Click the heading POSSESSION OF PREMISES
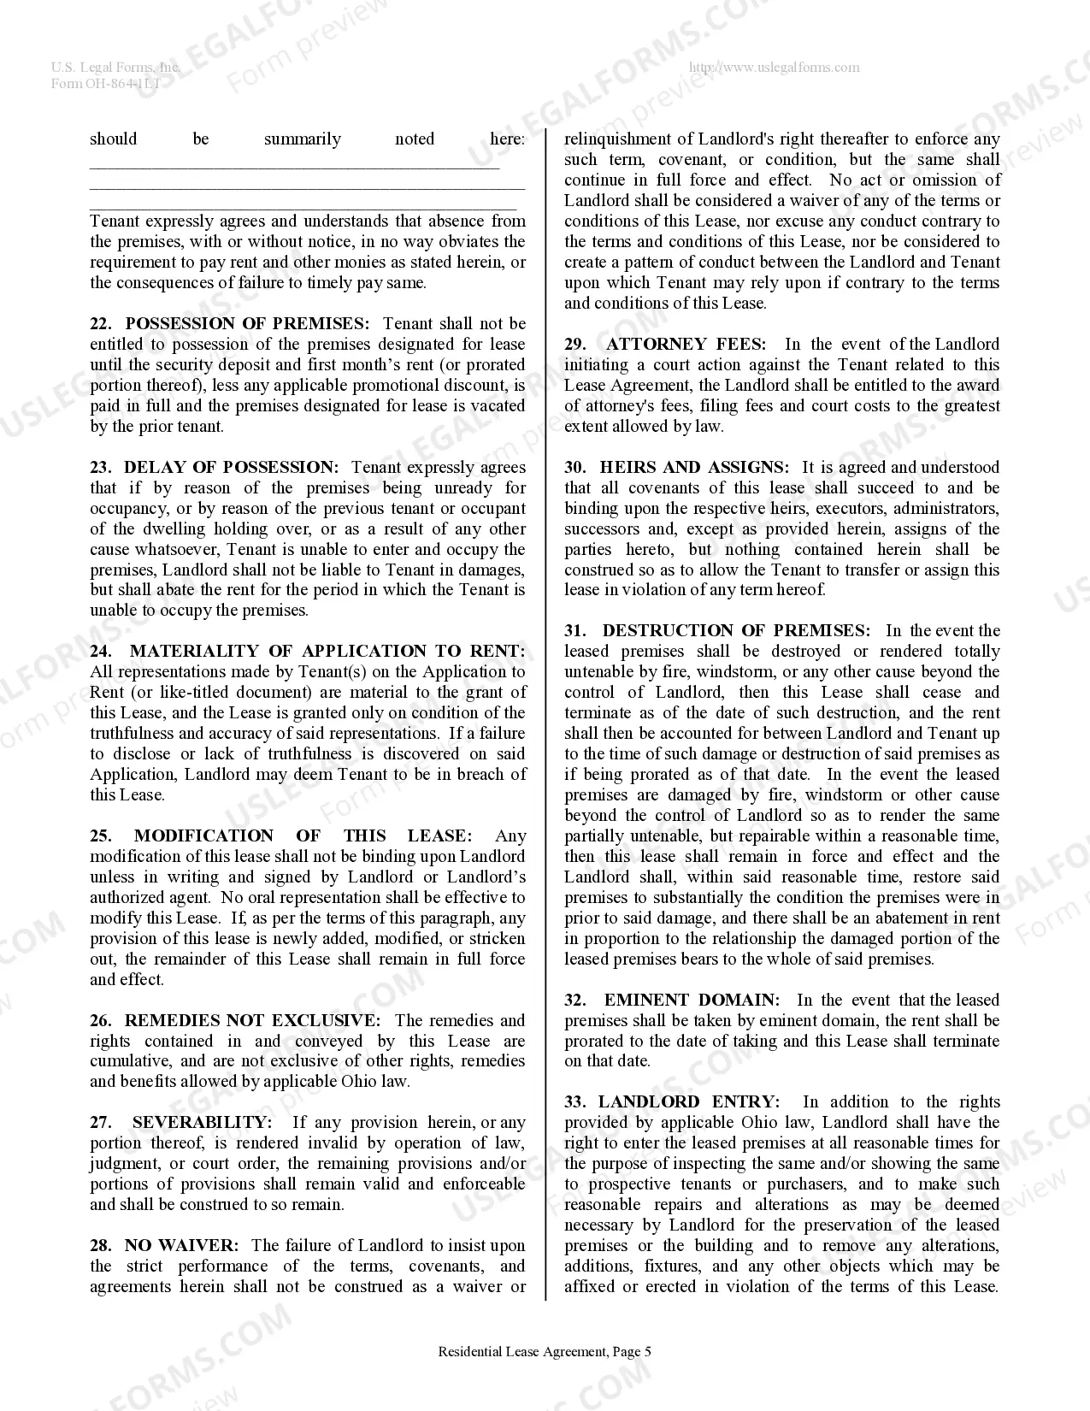(x=247, y=324)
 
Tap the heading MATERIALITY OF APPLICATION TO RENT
(x=327, y=652)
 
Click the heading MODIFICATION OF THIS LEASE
(x=303, y=836)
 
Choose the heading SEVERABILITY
(x=202, y=1123)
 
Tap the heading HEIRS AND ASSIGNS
(x=695, y=468)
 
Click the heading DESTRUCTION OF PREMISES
(x=736, y=631)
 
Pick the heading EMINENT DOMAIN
(x=692, y=1001)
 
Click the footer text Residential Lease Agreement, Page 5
(x=545, y=1352)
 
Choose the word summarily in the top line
(x=302, y=139)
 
